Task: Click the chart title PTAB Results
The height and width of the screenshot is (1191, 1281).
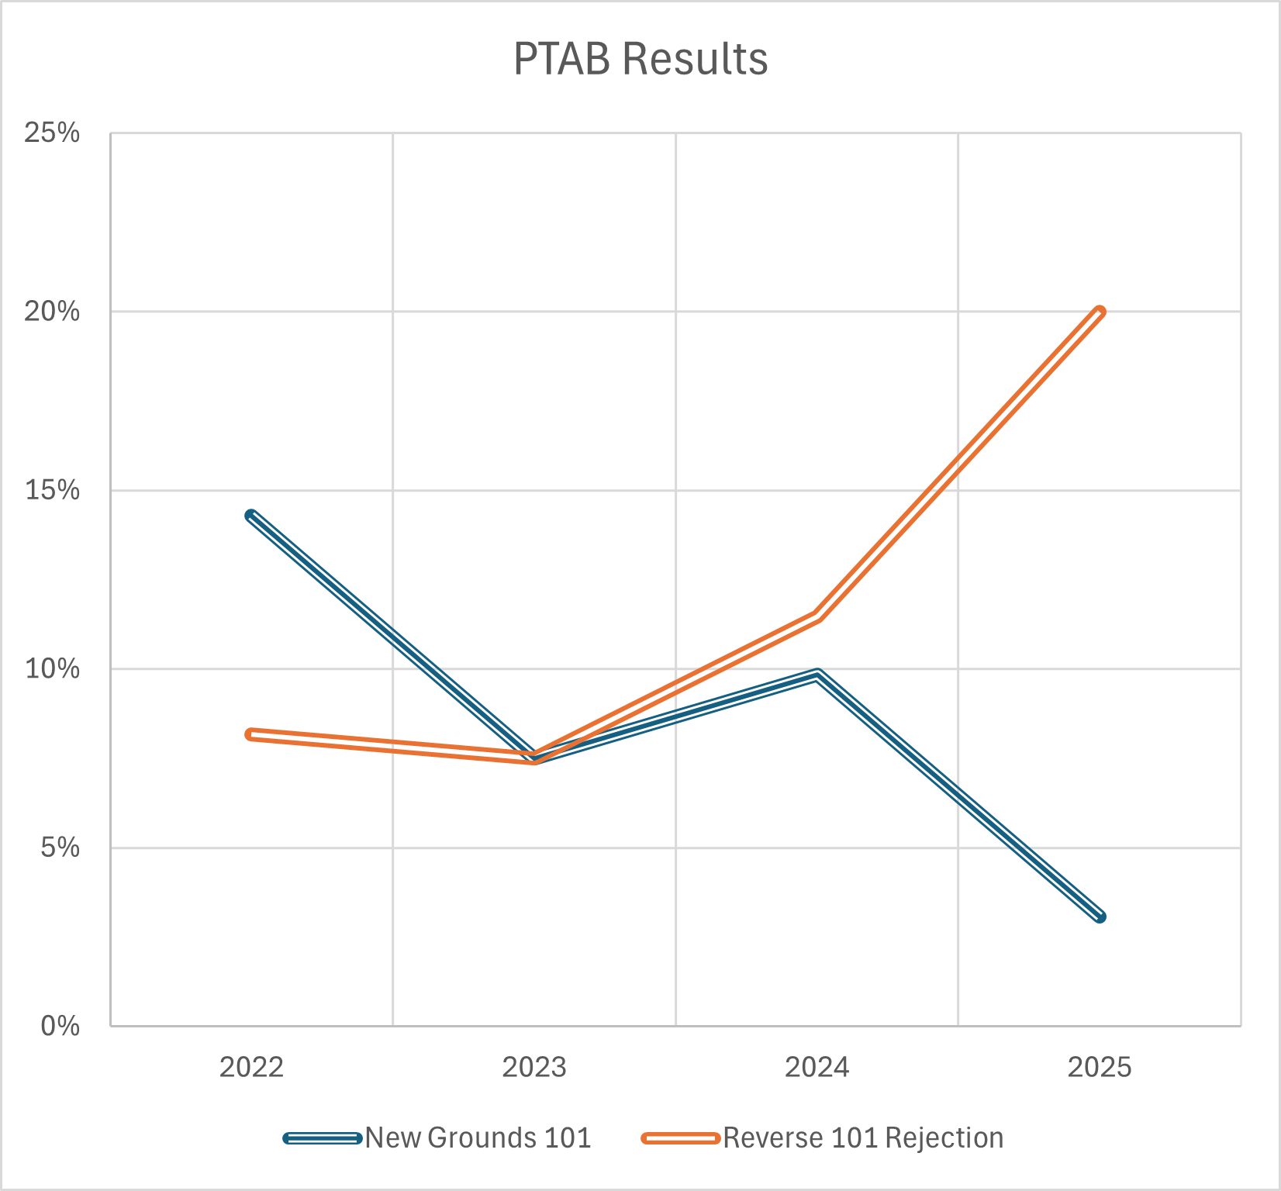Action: [x=640, y=59]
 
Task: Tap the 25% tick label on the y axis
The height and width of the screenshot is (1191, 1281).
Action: [x=52, y=133]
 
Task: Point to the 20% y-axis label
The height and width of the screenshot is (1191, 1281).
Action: [x=52, y=312]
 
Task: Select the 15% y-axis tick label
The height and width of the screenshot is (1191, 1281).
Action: [x=52, y=490]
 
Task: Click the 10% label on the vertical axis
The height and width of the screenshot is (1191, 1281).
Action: [x=52, y=668]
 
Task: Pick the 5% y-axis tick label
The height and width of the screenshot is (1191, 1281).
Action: [x=60, y=848]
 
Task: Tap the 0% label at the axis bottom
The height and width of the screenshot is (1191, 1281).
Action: [x=60, y=1026]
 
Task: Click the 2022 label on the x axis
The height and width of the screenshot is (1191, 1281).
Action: [x=251, y=1068]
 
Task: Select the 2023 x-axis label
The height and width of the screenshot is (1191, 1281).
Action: [x=534, y=1068]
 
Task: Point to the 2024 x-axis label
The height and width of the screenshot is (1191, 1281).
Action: [x=817, y=1068]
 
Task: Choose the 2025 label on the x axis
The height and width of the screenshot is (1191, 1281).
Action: [x=1100, y=1068]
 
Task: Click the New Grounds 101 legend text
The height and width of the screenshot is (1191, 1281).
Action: [x=478, y=1137]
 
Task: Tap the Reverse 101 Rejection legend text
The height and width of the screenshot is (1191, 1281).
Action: [x=863, y=1137]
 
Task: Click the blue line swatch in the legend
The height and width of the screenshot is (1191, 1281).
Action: [x=323, y=1138]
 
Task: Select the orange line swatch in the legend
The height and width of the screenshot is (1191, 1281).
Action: [x=681, y=1138]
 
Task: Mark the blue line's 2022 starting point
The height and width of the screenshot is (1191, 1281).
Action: [x=250, y=516]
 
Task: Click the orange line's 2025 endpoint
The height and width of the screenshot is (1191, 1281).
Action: [x=1100, y=312]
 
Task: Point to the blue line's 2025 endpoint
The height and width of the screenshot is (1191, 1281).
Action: [x=1100, y=917]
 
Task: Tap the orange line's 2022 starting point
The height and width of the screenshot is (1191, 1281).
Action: [x=250, y=734]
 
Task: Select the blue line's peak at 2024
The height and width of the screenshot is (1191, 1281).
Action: [x=817, y=674]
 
